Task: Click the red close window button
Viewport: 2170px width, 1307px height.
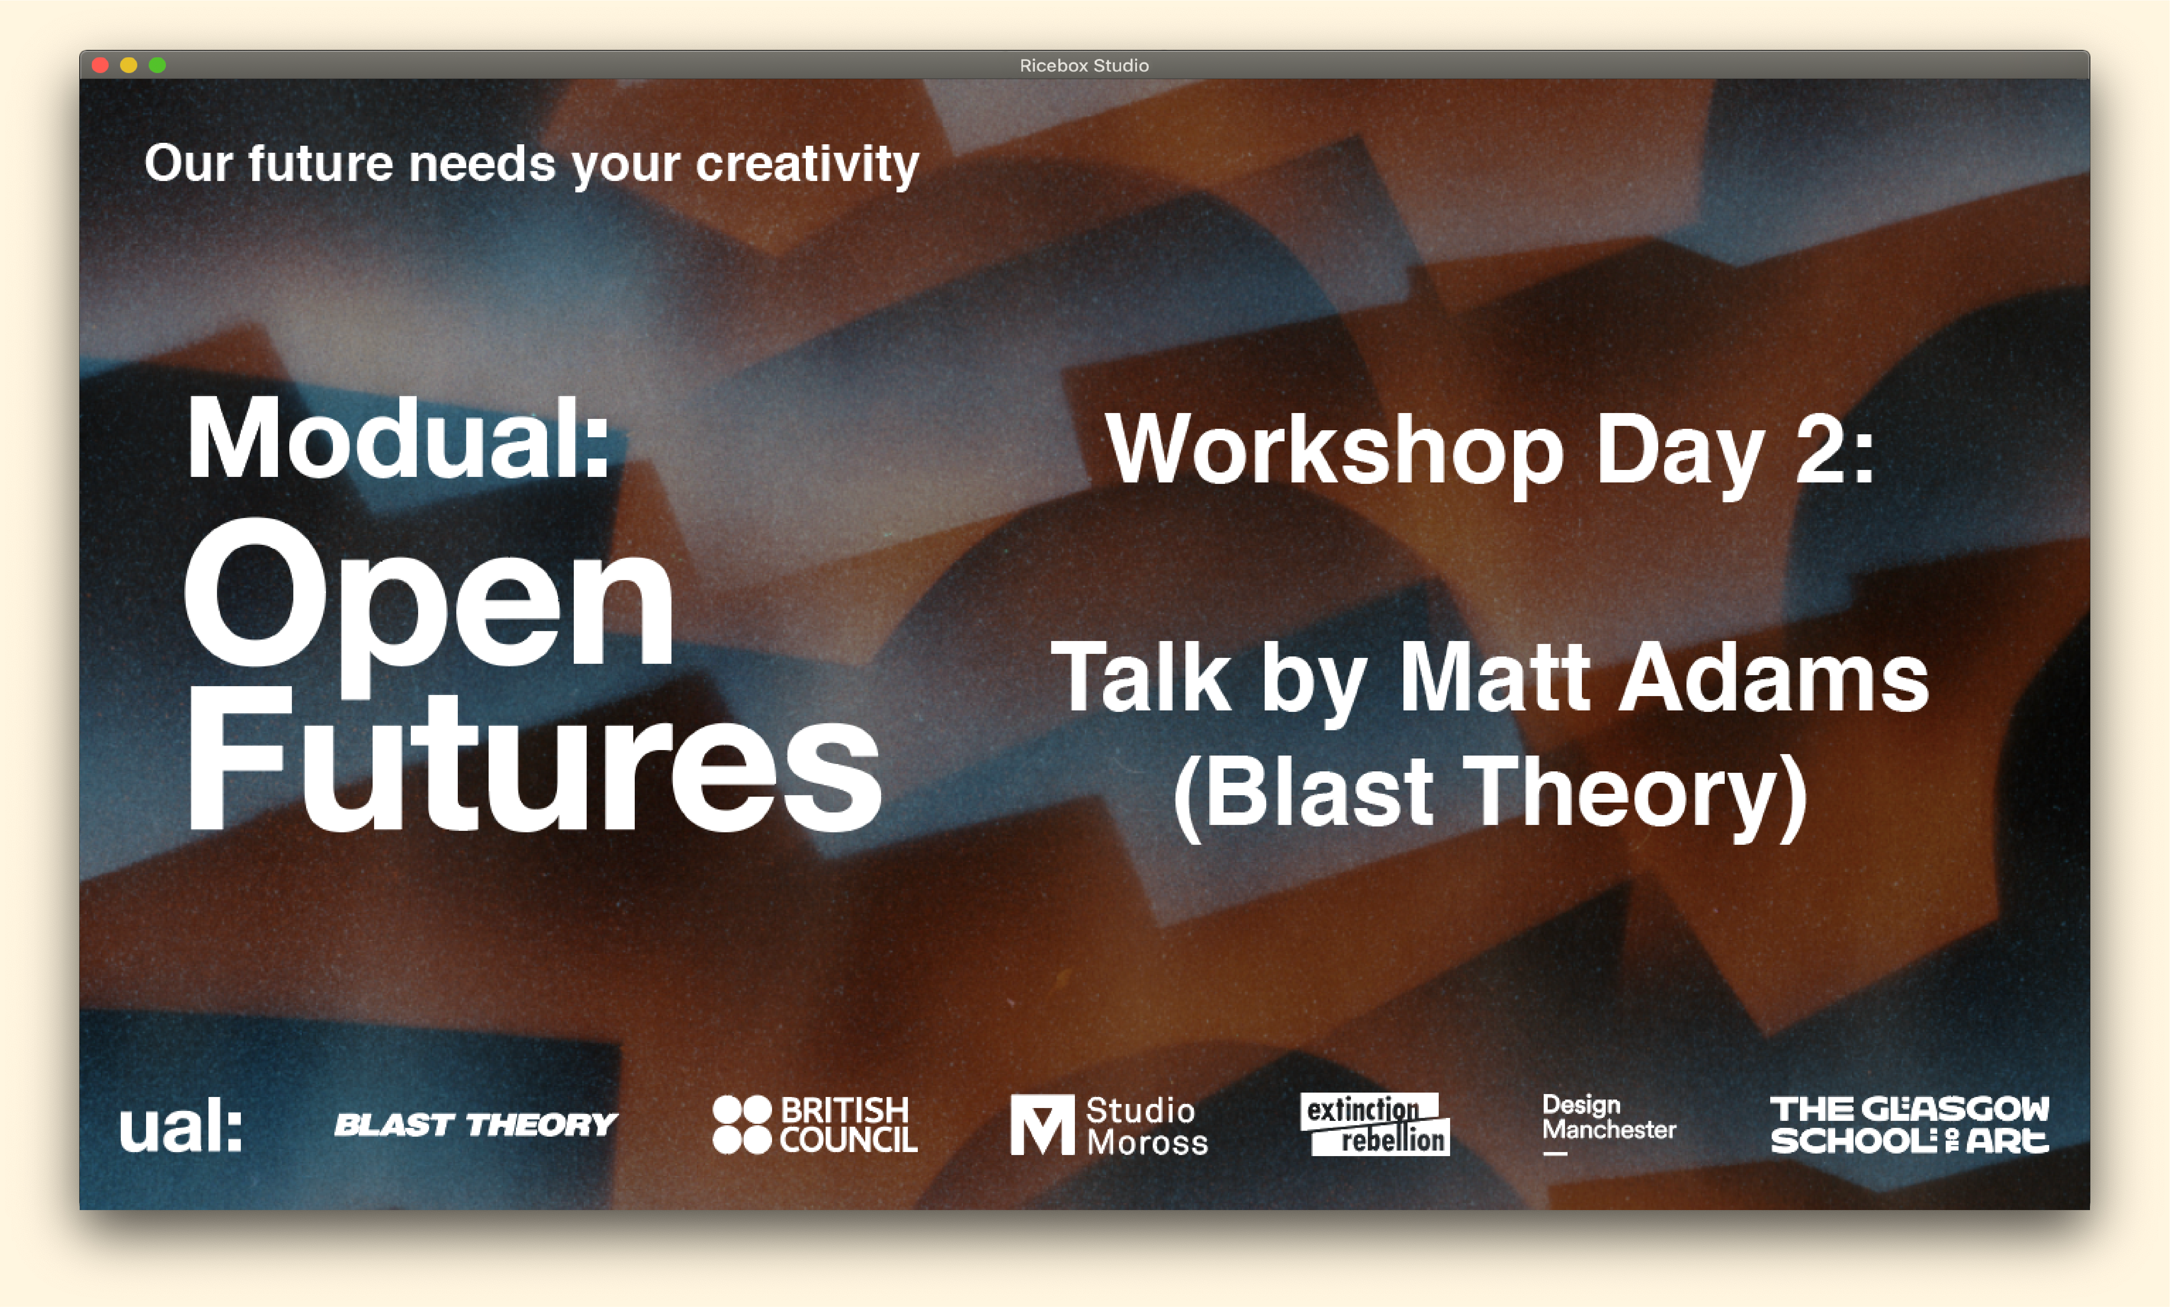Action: tap(100, 65)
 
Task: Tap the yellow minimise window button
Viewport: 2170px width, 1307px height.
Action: tap(128, 65)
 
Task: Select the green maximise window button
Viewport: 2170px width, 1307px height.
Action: tap(157, 65)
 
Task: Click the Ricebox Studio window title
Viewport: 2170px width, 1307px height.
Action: tap(1084, 65)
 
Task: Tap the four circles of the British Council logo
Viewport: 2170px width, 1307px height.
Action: tap(742, 1125)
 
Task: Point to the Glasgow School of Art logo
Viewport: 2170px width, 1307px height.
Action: tap(1909, 1125)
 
